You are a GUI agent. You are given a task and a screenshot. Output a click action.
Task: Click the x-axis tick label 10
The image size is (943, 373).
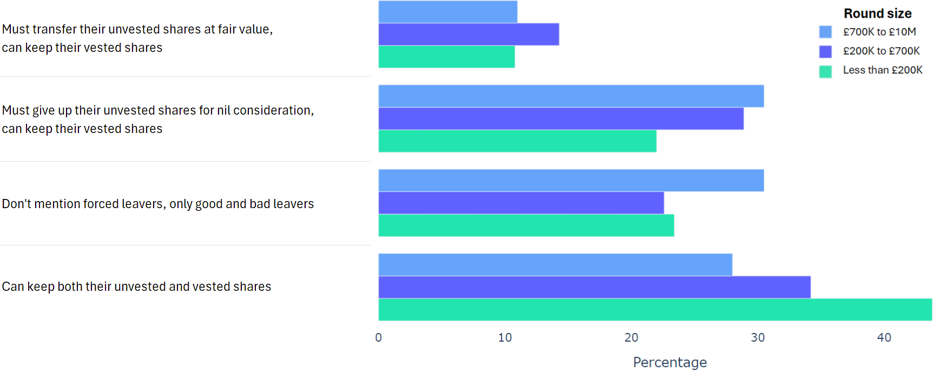click(505, 338)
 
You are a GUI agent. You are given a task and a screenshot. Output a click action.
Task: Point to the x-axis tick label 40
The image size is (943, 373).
click(884, 338)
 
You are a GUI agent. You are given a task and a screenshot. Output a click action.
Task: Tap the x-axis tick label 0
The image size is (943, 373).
click(379, 338)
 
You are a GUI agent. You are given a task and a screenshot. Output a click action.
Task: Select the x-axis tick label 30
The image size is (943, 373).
click(757, 338)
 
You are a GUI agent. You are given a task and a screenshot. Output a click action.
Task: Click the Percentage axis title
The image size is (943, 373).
click(670, 362)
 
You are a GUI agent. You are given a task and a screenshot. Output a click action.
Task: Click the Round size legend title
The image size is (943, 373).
click(878, 14)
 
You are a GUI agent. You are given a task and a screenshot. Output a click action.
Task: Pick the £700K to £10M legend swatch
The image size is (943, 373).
click(826, 32)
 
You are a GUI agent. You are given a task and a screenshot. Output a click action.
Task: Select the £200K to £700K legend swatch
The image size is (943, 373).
click(826, 51)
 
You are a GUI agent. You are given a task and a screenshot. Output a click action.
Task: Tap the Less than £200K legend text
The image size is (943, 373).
click(882, 70)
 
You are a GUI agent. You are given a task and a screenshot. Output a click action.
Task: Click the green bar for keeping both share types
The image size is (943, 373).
click(655, 310)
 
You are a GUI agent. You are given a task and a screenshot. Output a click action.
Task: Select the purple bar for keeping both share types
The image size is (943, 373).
click(594, 287)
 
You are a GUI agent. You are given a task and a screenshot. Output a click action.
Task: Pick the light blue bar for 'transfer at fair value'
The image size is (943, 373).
click(448, 12)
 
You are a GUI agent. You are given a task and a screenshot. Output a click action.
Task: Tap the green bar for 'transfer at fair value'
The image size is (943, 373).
click(446, 57)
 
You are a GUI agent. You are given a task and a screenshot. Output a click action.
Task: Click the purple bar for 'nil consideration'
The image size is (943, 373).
click(561, 118)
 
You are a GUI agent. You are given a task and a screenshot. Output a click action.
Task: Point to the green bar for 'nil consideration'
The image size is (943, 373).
click(517, 141)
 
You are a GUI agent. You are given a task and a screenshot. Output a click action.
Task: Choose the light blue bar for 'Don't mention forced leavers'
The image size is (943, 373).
click(571, 181)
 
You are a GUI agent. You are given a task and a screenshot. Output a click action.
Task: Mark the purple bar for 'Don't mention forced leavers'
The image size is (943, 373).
click(521, 203)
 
